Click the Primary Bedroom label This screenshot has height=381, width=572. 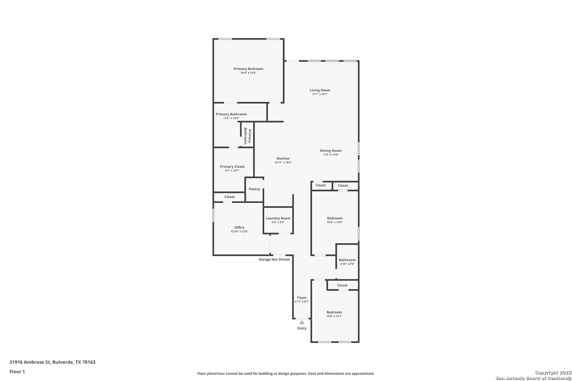point(248,69)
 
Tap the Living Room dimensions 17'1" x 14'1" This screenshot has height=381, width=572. point(320,94)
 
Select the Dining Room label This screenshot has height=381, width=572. point(331,151)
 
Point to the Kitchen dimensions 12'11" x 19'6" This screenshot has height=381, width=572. point(283,163)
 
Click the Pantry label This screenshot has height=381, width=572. point(254,189)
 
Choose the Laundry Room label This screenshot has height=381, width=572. point(278,218)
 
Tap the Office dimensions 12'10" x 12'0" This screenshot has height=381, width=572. point(239,231)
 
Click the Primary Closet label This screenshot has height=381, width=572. point(232,167)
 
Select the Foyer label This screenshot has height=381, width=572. point(302,297)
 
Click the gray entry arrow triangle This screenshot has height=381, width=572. point(302,322)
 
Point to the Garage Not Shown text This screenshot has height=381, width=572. point(274,259)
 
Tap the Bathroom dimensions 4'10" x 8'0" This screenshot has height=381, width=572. point(347,264)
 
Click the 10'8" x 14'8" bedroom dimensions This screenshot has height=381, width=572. point(335,222)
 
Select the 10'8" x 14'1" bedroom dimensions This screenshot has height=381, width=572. point(334,316)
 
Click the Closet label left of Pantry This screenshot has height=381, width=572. point(230,197)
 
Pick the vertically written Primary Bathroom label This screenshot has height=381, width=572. point(248,136)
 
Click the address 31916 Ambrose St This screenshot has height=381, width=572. point(30,362)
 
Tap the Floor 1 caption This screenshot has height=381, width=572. point(17,371)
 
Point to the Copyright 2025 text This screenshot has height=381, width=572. point(553,373)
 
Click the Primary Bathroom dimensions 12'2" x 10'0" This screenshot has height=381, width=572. point(231,118)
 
